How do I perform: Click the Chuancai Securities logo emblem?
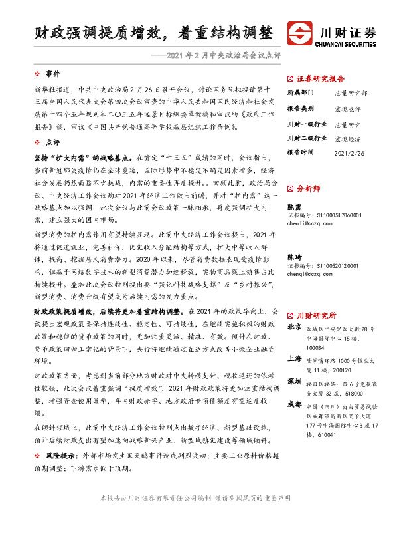coord(301,33)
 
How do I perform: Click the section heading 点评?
coord(52,142)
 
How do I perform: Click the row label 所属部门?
coord(303,93)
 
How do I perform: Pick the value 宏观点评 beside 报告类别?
coord(348,108)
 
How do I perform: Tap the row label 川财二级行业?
coord(307,138)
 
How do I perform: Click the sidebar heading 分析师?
coord(309,189)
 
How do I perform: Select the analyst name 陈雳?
coord(293,207)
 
